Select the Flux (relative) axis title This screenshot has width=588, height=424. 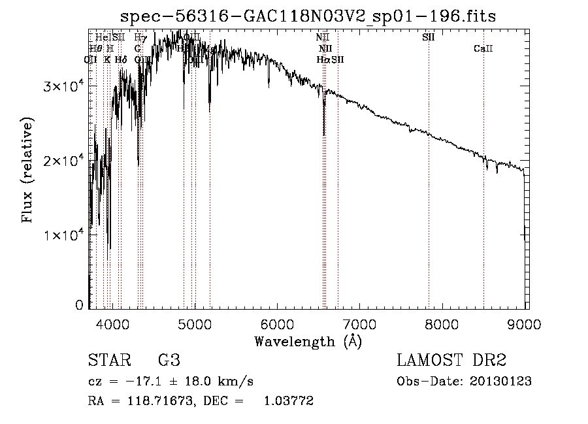click(28, 171)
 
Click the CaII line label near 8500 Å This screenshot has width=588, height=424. click(483, 49)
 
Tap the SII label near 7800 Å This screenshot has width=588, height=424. click(429, 37)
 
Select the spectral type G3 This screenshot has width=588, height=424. click(169, 361)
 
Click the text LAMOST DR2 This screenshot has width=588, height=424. click(451, 361)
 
